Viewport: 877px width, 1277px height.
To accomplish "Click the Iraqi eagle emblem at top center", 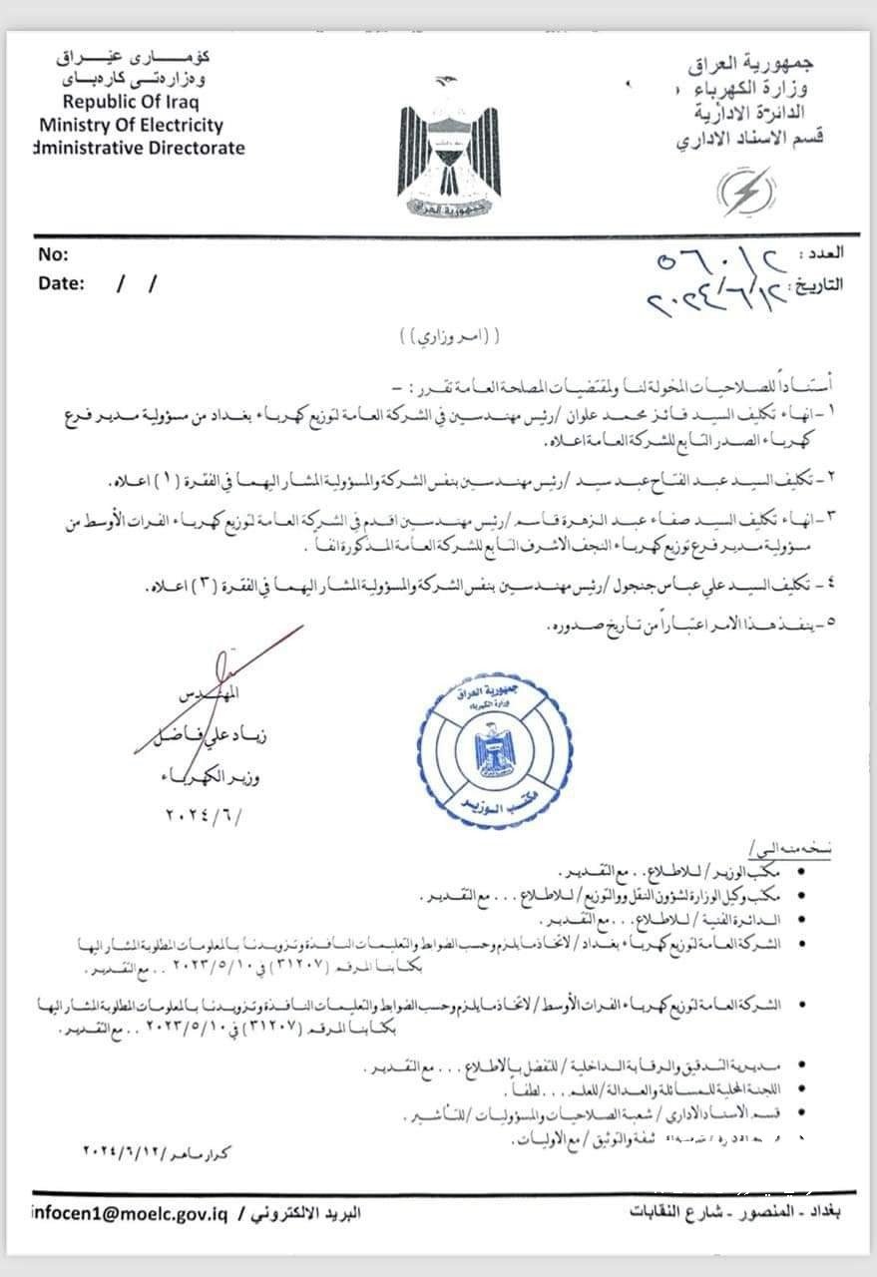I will pos(449,151).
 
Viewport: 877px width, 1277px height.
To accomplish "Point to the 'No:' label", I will pos(54,254).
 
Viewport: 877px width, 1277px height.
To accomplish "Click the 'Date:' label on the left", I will pos(61,282).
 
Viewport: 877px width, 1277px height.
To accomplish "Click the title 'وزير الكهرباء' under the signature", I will pos(216,775).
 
